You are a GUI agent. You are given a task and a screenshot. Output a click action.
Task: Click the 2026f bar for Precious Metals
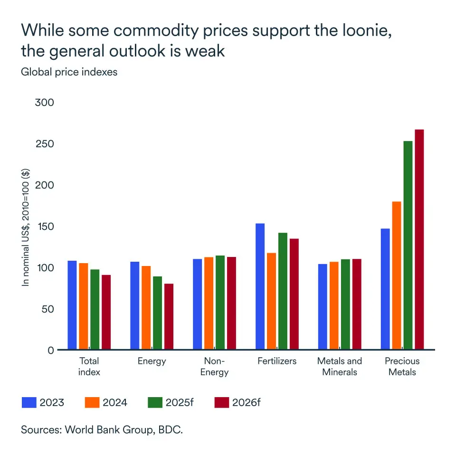click(x=419, y=240)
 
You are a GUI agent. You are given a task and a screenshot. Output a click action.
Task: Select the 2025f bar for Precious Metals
click(x=408, y=246)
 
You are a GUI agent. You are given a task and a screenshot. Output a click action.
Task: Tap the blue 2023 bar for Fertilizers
click(x=260, y=286)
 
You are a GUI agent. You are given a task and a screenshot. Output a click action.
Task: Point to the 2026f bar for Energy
click(x=169, y=317)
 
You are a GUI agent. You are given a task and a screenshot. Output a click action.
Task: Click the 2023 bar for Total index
click(x=72, y=305)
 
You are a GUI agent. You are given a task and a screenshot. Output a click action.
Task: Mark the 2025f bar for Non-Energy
click(x=220, y=303)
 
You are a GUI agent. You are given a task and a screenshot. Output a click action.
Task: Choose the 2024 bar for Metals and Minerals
click(x=333, y=305)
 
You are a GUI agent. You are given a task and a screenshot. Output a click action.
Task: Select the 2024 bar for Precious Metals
click(x=397, y=275)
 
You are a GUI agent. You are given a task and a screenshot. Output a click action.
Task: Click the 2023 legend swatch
click(x=29, y=403)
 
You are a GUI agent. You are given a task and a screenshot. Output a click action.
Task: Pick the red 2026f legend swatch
click(x=221, y=403)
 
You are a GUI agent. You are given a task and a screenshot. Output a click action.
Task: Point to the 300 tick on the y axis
click(x=45, y=103)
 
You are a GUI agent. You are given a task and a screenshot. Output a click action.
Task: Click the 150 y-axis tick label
click(x=45, y=227)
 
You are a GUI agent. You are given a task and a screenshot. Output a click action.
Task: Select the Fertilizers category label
click(x=277, y=361)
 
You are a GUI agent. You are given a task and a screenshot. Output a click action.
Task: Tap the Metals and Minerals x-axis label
click(x=340, y=366)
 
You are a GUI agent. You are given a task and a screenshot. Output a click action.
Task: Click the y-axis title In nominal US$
click(x=26, y=228)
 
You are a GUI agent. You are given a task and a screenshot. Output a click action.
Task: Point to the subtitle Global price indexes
click(x=69, y=72)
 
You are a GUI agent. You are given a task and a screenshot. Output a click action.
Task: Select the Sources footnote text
click(x=102, y=430)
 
